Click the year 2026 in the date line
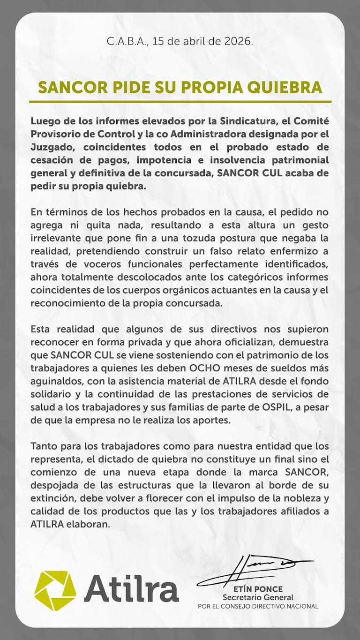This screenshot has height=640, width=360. tap(241, 41)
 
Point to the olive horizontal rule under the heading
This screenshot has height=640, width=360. tap(180, 101)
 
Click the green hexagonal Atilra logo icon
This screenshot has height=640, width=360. tap(55, 590)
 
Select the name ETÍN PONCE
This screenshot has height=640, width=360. tap(258, 589)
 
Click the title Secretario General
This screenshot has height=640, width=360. tap(258, 597)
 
